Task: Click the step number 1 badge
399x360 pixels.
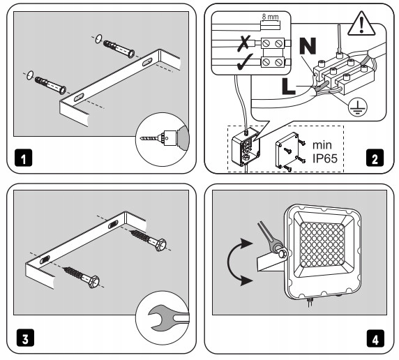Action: tap(24, 158)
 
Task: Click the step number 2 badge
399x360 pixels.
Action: tap(375, 158)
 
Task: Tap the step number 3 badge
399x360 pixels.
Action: tap(25, 338)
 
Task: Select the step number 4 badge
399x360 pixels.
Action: tap(375, 338)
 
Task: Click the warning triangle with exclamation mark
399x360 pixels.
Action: tap(361, 24)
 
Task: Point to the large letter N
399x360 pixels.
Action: tap(308, 46)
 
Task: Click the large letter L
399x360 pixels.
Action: tap(289, 87)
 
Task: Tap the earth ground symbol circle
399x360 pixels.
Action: tap(358, 107)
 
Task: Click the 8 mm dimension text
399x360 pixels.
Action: tap(270, 17)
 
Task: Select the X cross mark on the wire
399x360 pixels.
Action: tap(243, 43)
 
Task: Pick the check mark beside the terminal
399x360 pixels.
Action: tap(245, 62)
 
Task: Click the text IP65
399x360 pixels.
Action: tap(325, 158)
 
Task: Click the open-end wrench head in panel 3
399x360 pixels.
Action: tap(158, 318)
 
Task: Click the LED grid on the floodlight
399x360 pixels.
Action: tap(322, 244)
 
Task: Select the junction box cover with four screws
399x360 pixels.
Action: tap(287, 150)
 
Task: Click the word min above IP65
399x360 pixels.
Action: tap(322, 145)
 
